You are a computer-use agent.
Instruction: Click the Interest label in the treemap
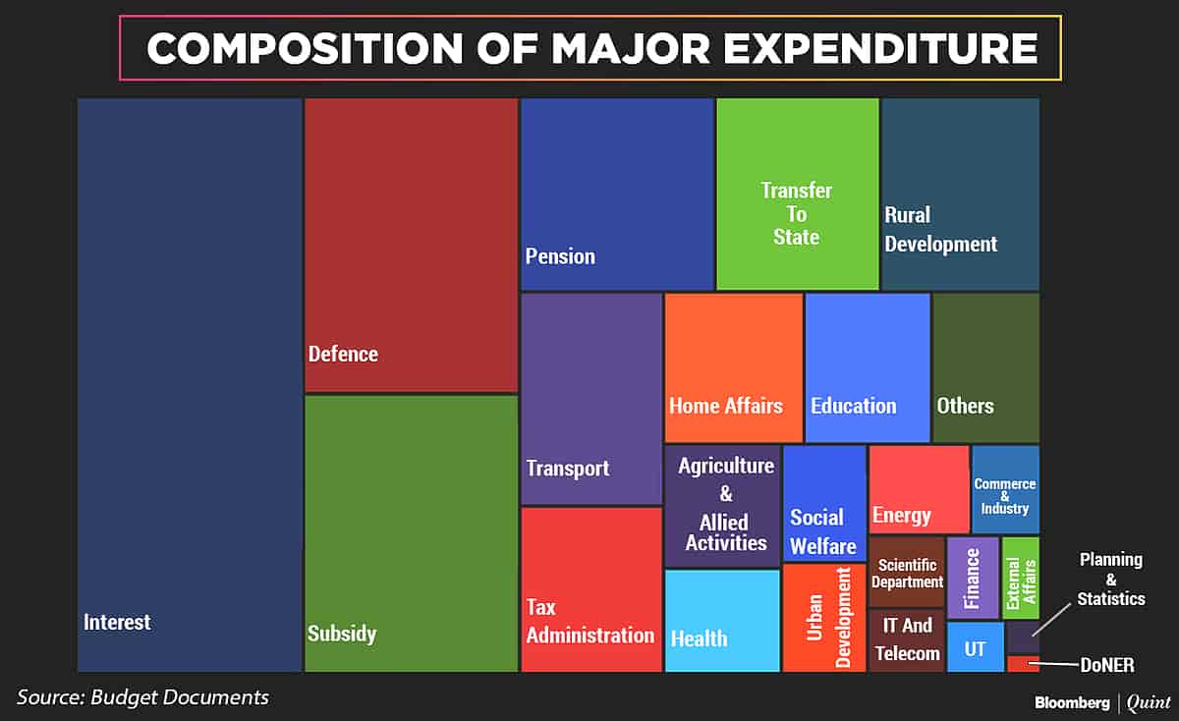coord(117,622)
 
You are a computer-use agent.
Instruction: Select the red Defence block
coord(411,246)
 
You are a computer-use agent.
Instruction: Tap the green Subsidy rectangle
coord(411,530)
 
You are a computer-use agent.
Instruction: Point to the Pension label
coord(560,256)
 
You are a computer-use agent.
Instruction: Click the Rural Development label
coord(940,229)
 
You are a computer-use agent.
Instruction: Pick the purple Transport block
coord(590,398)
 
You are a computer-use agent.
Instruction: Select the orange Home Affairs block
coord(733,367)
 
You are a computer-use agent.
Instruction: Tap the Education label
coord(853,406)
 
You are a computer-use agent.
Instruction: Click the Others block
coord(985,367)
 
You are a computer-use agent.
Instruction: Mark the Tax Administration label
coord(589,622)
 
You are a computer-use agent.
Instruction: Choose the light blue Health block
coord(722,621)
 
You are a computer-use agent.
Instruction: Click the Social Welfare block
coord(824,503)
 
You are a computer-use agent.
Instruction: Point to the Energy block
coord(919,489)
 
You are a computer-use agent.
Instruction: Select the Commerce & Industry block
coord(1005,489)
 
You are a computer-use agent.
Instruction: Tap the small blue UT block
coord(975,646)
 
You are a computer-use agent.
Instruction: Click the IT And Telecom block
coord(906,639)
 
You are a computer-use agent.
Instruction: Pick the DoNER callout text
coord(1105,666)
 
